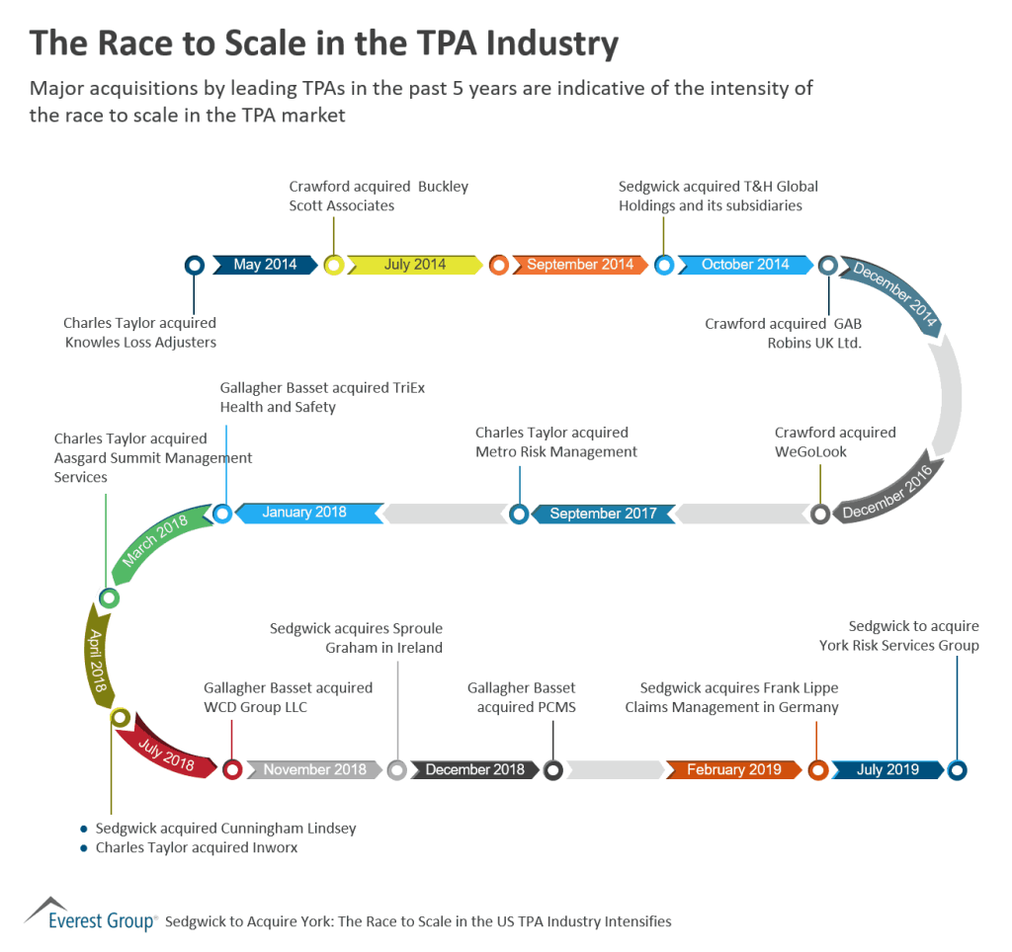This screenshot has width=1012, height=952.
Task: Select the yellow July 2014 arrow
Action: coord(415,265)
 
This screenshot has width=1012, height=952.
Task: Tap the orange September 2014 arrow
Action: coord(579,265)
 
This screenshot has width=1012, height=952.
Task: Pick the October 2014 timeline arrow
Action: coord(745,265)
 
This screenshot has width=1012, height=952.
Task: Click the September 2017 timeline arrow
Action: coord(603,514)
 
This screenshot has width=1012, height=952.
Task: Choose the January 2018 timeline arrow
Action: coord(304,514)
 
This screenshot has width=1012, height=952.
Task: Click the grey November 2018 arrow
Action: coord(314,770)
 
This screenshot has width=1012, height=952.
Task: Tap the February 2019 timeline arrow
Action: coord(733,770)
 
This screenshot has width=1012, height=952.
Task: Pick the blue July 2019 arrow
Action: coord(887,770)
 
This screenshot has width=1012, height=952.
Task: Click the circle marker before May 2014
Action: coord(195,265)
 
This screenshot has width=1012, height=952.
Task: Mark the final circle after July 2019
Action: coord(957,770)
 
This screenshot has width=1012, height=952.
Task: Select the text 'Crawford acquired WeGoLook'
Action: coord(835,441)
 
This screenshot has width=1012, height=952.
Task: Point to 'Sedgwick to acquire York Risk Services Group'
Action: coord(898,636)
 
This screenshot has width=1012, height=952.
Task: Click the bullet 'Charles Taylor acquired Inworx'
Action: coord(196,847)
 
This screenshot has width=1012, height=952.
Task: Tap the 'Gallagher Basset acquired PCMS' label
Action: coord(522,697)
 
